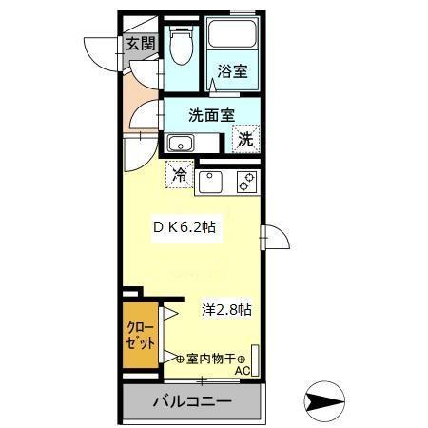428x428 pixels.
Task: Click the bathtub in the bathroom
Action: pyautogui.click(x=234, y=38)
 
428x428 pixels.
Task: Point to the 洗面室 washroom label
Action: pyautogui.click(x=210, y=115)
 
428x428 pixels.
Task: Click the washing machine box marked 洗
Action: pyautogui.click(x=245, y=139)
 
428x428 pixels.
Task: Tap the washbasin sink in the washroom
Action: pyautogui.click(x=180, y=144)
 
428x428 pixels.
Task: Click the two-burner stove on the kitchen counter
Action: pyautogui.click(x=245, y=179)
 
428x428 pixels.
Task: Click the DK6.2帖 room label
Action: pyautogui.click(x=187, y=228)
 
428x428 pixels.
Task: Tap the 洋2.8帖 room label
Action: pyautogui.click(x=226, y=309)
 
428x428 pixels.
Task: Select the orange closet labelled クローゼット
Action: pyautogui.click(x=139, y=338)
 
